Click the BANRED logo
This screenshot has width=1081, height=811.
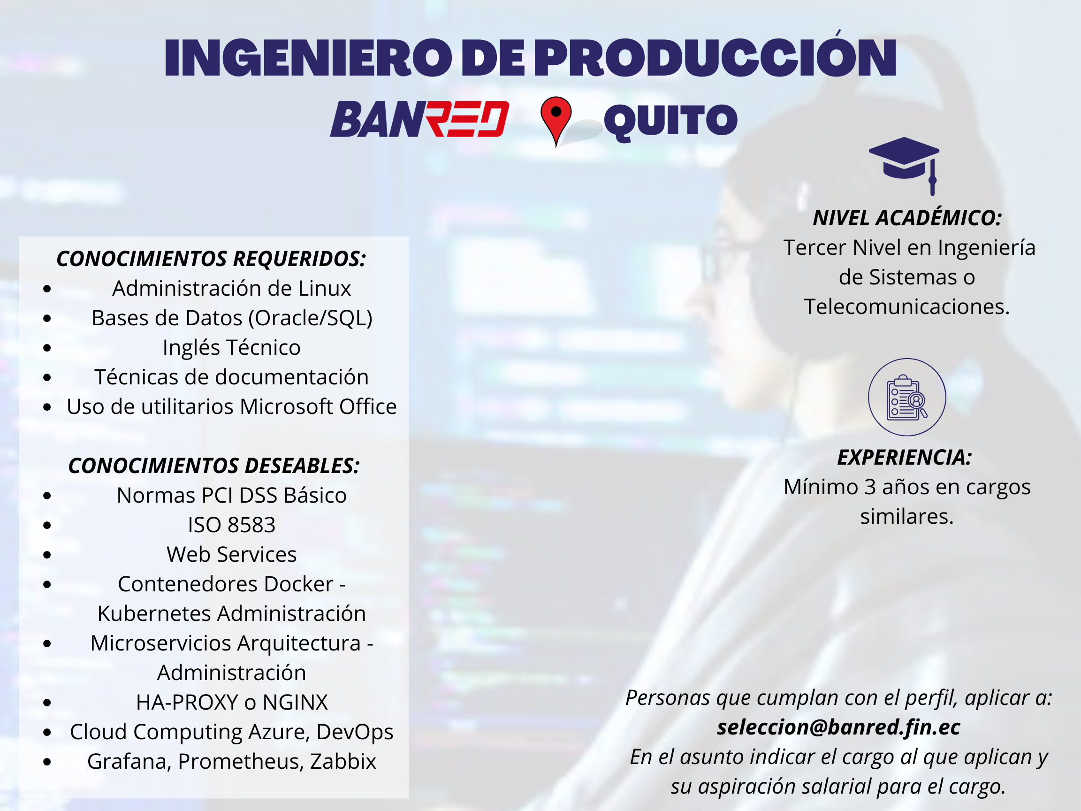click(419, 119)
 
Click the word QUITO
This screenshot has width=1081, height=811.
click(670, 121)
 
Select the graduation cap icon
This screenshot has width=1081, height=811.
click(904, 166)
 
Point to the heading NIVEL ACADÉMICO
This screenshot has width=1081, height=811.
click(907, 218)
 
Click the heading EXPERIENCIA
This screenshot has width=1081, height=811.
click(905, 458)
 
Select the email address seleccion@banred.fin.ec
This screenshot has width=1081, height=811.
click(838, 727)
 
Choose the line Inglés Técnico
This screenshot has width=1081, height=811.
click(232, 348)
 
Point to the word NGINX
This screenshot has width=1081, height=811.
click(295, 703)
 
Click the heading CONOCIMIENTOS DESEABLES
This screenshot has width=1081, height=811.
click(214, 466)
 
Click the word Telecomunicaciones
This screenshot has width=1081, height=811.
click(906, 307)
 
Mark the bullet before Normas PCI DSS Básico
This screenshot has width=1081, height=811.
click(47, 496)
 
